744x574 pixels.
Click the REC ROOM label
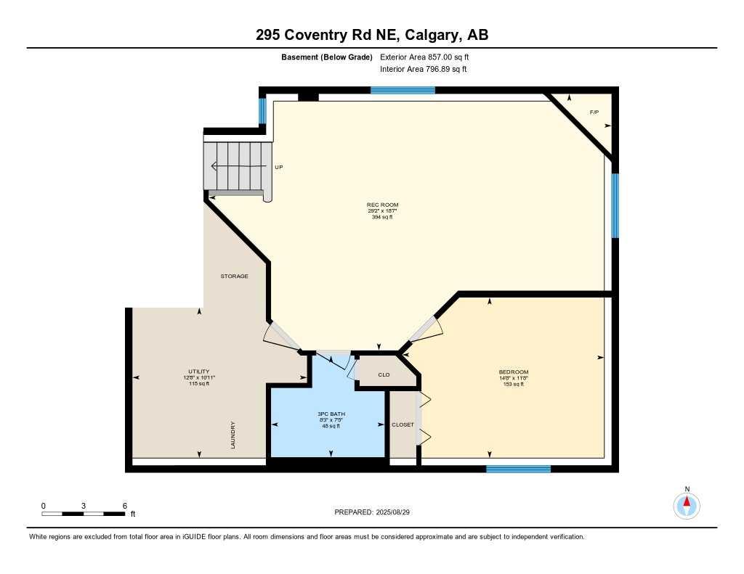point(382,205)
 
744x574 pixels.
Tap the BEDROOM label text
point(508,372)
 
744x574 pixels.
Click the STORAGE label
point(235,276)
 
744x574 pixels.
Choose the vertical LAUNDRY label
point(233,435)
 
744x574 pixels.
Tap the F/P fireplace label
point(594,112)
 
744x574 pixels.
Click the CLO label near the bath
point(384,375)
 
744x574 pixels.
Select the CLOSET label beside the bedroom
point(403,425)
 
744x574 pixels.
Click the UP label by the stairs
point(278,167)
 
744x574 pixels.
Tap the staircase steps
point(237,165)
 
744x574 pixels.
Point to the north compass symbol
point(687,504)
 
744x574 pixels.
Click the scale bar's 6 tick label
point(125,506)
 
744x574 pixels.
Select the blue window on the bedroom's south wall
point(518,469)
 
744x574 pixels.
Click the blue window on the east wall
point(615,205)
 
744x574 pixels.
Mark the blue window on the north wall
point(403,90)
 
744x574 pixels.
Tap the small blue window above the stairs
point(262,111)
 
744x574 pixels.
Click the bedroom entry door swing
point(427,330)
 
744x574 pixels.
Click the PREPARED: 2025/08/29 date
point(377,512)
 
